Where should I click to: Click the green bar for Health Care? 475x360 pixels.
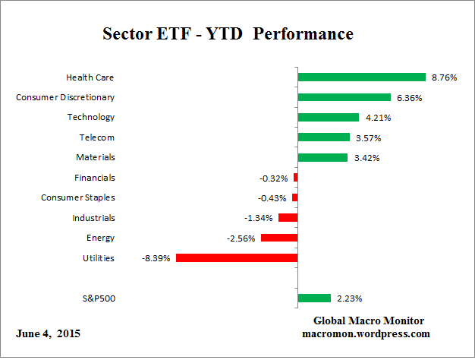coord(361,77)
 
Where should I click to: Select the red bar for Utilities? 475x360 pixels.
coord(236,257)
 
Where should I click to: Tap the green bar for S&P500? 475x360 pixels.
coord(314,298)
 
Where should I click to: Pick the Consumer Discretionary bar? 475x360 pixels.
coord(344,97)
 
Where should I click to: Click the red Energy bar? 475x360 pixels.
coord(279,238)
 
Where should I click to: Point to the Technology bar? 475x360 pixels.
coord(328,117)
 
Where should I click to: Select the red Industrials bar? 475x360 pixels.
coord(288,217)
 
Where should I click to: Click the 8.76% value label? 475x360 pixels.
coord(444,77)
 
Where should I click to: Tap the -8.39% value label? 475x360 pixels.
coord(156,258)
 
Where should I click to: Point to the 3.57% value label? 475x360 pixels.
coord(368,137)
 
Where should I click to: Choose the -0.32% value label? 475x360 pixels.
coord(274,178)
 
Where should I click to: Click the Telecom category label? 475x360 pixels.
coord(97,137)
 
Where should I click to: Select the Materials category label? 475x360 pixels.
coord(96,157)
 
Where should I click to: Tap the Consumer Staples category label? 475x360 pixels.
coord(77,197)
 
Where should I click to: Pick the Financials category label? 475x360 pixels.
coord(94,178)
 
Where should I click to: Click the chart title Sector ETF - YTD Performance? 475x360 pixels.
coord(228,34)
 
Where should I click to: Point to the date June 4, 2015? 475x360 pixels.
coord(47,333)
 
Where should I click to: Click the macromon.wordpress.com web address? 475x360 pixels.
coord(367,333)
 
